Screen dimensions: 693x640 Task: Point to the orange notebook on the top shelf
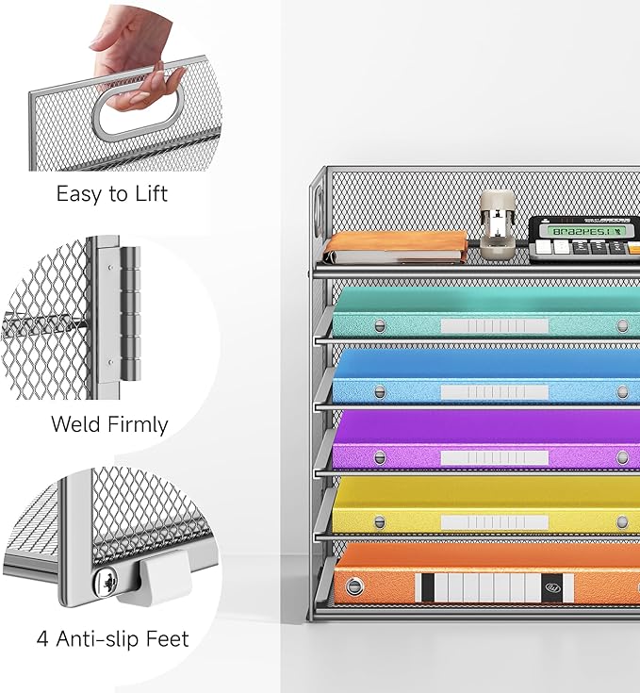coord(396,246)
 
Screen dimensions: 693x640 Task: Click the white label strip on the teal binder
coord(494,325)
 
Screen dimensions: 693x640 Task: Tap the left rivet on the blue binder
coord(380,391)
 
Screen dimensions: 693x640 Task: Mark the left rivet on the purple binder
coord(380,457)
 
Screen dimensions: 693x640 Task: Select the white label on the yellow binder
coord(494,522)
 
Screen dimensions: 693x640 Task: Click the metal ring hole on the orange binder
coord(354,587)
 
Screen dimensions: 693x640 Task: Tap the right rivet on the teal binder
coord(622,325)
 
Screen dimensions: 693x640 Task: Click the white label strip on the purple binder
coord(494,457)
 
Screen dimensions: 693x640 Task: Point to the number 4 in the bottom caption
coord(43,638)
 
